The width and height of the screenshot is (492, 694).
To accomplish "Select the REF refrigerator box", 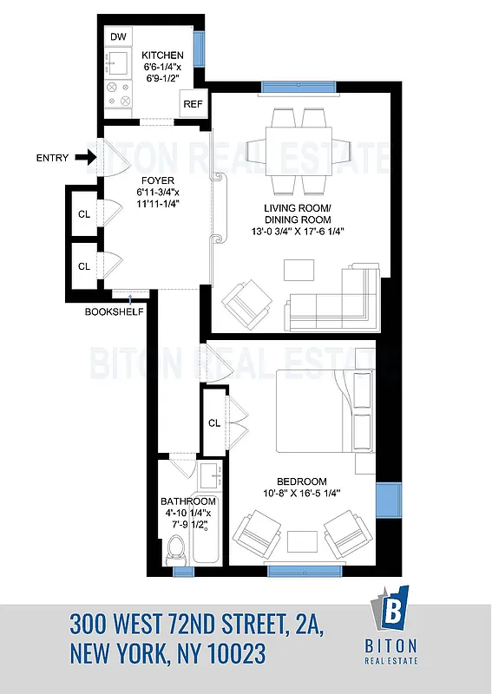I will tap(193, 104).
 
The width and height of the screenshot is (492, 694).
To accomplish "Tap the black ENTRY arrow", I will tap(84, 158).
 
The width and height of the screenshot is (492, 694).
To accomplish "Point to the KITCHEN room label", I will tap(163, 56).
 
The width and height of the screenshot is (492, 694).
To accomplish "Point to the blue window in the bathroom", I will tap(183, 570).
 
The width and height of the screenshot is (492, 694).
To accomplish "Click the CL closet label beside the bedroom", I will tap(214, 423).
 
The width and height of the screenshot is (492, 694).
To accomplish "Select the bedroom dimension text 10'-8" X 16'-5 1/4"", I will tap(302, 494).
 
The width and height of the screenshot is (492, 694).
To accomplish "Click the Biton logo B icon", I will tap(395, 610).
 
